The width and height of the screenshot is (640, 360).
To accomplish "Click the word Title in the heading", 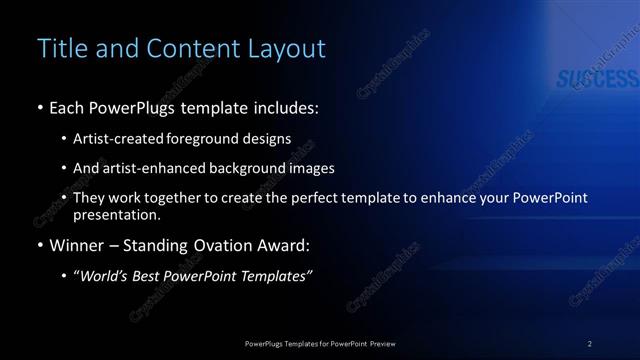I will [x=59, y=48].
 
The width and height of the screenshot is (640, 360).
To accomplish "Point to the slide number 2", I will [x=590, y=343].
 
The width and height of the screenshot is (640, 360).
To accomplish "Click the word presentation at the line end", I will [x=116, y=214].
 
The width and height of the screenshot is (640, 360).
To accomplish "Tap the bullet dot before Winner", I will [x=39, y=244].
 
